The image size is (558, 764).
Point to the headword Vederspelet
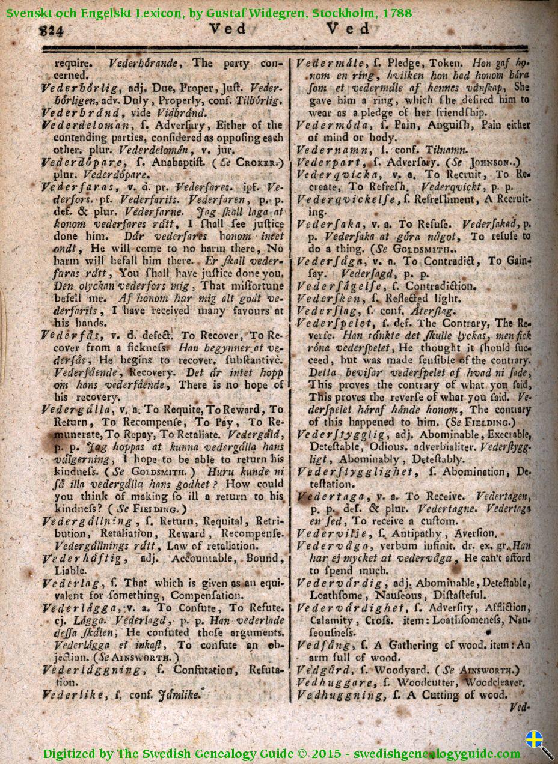(x=330, y=322)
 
